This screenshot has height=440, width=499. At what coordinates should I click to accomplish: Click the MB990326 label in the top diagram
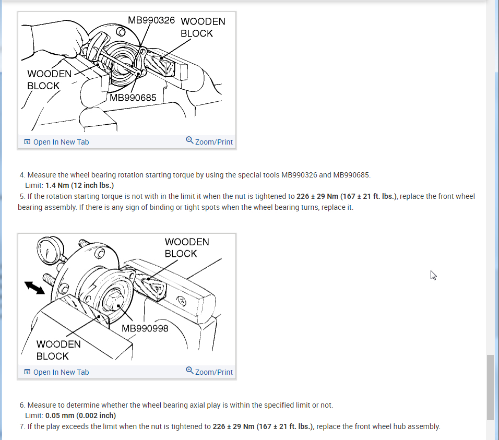pyautogui.click(x=151, y=21)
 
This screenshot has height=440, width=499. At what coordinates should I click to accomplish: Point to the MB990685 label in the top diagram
pyautogui.click(x=133, y=97)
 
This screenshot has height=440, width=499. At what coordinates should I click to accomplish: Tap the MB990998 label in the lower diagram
pyautogui.click(x=145, y=328)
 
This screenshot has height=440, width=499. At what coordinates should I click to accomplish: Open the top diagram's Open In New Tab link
pyautogui.click(x=56, y=142)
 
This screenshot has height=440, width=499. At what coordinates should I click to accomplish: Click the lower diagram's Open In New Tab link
pyautogui.click(x=56, y=372)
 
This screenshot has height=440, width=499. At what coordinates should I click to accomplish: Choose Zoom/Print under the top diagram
pyautogui.click(x=209, y=141)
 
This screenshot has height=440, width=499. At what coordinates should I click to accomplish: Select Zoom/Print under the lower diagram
pyautogui.click(x=209, y=372)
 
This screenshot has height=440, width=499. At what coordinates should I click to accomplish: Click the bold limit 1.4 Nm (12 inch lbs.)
pyautogui.click(x=79, y=185)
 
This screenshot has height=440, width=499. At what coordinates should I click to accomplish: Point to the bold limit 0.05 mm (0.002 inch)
pyautogui.click(x=80, y=415)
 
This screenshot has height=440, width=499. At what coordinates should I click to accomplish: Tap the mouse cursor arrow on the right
pyautogui.click(x=433, y=275)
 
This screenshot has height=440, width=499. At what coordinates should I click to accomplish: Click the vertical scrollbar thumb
pyautogui.click(x=490, y=387)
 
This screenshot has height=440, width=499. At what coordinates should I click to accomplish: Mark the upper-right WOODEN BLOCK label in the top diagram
pyautogui.click(x=203, y=27)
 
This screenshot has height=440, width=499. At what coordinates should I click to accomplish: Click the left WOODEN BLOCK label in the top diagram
pyautogui.click(x=49, y=79)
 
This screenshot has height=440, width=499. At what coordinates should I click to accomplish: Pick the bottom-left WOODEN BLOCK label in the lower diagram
pyautogui.click(x=58, y=350)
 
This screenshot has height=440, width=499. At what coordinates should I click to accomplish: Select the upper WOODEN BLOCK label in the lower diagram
pyautogui.click(x=187, y=247)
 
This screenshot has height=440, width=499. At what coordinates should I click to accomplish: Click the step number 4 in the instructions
pyautogui.click(x=22, y=175)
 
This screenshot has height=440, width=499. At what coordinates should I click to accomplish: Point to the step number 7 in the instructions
pyautogui.click(x=22, y=426)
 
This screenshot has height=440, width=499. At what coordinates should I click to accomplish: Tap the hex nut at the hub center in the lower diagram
pyautogui.click(x=114, y=302)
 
